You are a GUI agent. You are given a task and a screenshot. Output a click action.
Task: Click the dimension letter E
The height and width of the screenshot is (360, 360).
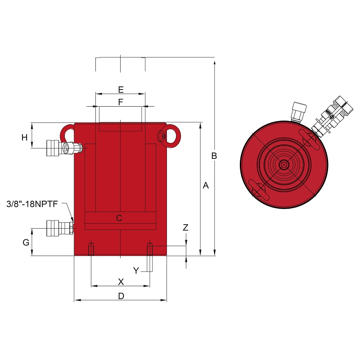coord(121,90)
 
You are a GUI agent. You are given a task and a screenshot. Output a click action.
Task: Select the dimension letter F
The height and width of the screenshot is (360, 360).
coord(121,102)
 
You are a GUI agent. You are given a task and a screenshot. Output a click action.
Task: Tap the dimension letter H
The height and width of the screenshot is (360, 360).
coord(24,138)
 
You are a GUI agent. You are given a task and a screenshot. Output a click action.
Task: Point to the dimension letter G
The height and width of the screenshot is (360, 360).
coord(26,242)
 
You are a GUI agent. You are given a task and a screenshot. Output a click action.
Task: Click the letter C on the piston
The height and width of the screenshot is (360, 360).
coord(119,218)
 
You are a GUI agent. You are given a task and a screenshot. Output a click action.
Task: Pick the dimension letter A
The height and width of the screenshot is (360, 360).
coord(206,185)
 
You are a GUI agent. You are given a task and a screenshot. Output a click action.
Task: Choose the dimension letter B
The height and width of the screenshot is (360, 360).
coord(214,156)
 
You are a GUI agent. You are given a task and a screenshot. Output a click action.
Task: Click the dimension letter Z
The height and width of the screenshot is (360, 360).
coord(185,227)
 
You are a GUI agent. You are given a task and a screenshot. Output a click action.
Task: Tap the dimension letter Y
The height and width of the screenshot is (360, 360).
coord(136,271)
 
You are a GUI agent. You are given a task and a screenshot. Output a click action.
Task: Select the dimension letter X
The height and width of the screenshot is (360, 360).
coord(121,282)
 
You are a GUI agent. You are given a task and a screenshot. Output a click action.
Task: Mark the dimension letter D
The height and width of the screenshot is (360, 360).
coord(121,296)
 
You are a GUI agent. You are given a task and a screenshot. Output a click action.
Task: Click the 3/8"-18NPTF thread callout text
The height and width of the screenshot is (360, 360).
coord(32,204)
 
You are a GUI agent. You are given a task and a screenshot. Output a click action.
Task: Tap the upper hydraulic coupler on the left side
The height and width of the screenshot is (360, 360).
coord(64,148)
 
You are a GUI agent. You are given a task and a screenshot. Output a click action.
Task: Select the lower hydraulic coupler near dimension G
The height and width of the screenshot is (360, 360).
coord(60,228)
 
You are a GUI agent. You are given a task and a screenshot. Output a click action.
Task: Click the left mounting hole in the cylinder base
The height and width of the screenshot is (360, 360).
coord(91,249)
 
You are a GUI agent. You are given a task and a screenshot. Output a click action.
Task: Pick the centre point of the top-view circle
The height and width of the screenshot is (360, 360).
coord(284,165)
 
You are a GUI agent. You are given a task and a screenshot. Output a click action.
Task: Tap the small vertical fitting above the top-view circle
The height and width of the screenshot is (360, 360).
coord(299,112)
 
